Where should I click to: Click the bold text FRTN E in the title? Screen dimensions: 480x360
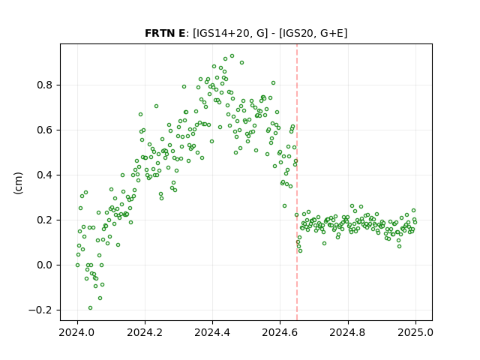point(165,33)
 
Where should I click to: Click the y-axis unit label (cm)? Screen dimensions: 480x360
point(18,183)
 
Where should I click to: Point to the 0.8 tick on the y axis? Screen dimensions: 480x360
point(45,85)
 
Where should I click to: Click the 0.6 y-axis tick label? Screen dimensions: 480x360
point(45,130)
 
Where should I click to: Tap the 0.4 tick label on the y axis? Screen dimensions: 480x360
point(45,175)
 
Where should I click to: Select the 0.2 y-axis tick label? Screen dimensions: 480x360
point(45,220)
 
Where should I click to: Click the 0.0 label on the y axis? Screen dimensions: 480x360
point(45,265)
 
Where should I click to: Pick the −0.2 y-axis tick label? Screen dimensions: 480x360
point(40,310)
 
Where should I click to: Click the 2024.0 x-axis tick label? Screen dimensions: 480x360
point(77,332)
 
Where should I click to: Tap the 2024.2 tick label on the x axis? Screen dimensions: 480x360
point(145,332)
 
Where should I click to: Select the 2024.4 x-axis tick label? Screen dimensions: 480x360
point(212,332)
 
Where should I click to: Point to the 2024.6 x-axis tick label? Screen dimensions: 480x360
point(280,332)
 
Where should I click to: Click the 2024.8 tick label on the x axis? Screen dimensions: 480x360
point(347,332)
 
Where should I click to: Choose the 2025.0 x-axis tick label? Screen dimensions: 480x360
point(415,332)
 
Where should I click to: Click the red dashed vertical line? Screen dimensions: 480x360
point(297,182)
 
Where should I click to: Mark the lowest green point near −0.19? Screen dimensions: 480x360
point(90,308)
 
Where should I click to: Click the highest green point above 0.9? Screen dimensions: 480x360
point(232,56)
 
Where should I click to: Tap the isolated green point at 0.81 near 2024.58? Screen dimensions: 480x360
point(273,83)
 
